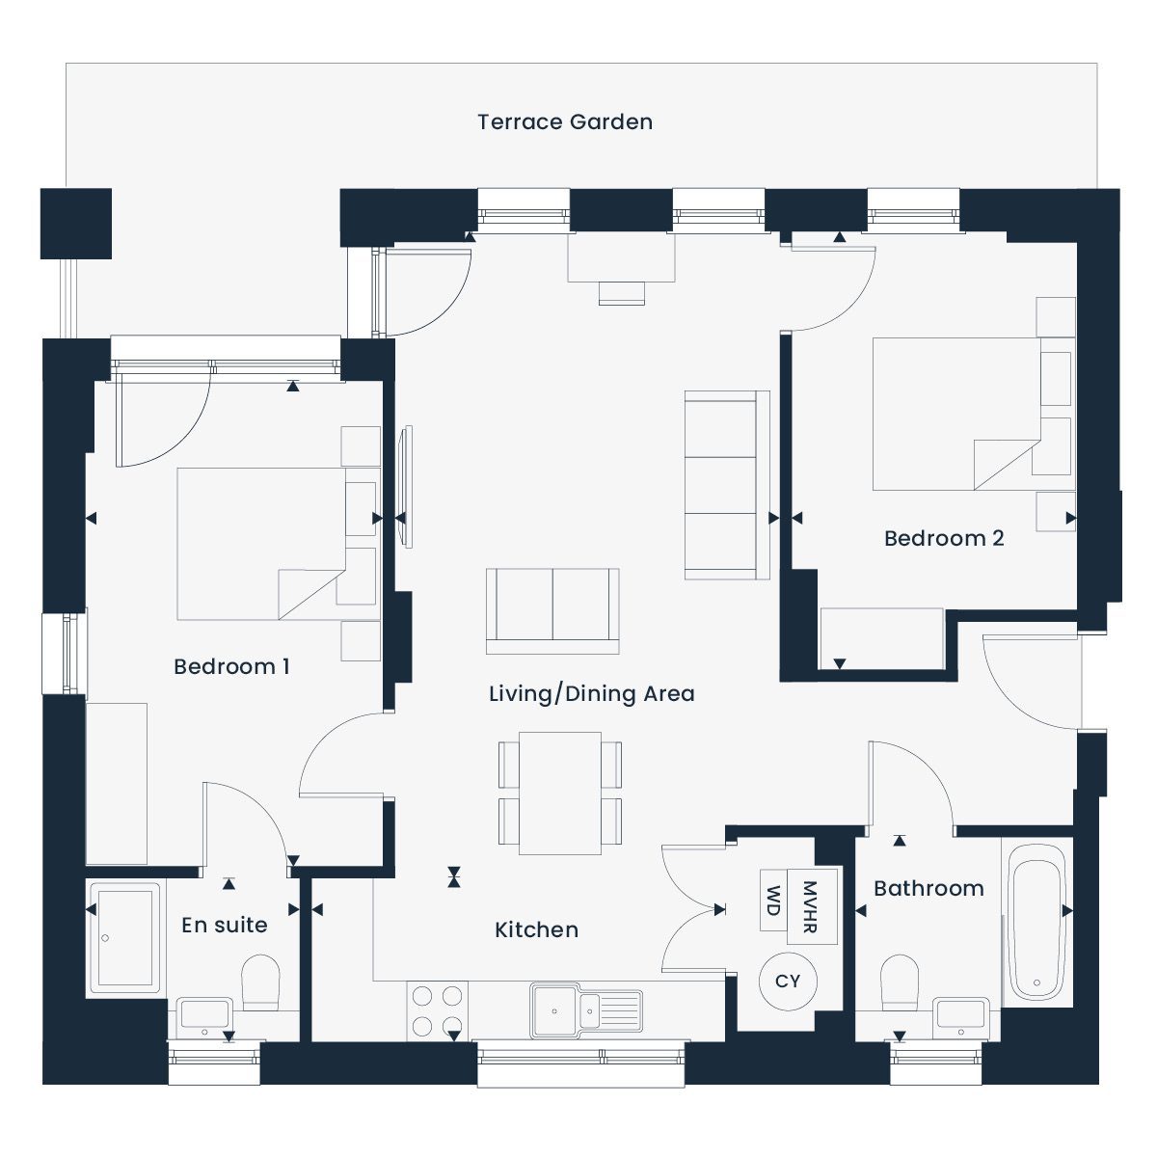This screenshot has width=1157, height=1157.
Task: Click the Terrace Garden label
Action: [x=564, y=121]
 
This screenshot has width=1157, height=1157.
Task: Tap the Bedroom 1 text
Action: [x=231, y=666]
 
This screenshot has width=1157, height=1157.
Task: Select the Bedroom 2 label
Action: [x=944, y=538]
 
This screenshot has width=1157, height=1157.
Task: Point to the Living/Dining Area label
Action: [x=591, y=693]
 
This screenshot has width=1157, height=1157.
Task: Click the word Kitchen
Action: [x=536, y=930]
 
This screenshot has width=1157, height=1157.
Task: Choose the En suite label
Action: [x=225, y=926]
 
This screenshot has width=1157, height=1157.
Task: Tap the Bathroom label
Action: [x=928, y=889]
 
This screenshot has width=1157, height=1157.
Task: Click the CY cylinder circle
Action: [x=788, y=982]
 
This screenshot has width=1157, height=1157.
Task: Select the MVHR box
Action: [x=812, y=906]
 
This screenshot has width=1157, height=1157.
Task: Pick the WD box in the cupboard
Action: [x=773, y=900]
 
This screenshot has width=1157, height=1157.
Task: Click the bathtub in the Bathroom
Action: [x=1036, y=923]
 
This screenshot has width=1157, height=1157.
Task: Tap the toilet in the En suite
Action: [x=260, y=982]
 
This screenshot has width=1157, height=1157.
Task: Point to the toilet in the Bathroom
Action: [x=900, y=982]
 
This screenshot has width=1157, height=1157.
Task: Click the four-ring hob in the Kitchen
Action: [x=437, y=1012]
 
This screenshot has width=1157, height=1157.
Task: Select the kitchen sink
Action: [x=586, y=1011]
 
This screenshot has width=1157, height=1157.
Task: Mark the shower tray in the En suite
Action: [x=125, y=938]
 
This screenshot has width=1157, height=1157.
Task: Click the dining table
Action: [x=560, y=794]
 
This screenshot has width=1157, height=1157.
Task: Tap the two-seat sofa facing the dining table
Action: [x=552, y=610]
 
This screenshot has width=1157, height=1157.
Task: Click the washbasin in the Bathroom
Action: [x=961, y=1018]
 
